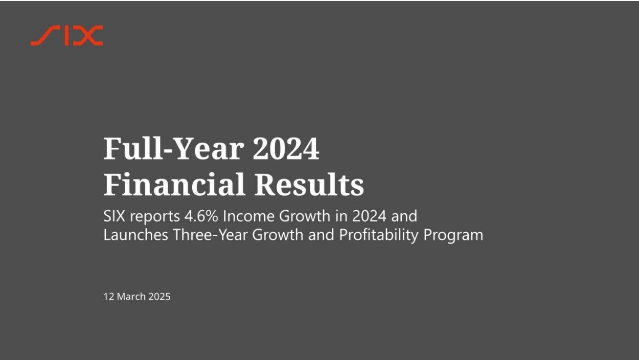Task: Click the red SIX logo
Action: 67,36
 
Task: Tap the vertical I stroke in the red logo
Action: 67,36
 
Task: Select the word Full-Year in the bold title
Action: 174,148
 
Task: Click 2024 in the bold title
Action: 286,148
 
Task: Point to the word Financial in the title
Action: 174,184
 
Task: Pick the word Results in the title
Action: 309,184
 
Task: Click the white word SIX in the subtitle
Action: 114,216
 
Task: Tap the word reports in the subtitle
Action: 155,217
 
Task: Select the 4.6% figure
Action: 201,216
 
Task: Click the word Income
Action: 248,216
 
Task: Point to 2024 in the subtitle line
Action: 369,216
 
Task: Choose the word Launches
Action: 135,235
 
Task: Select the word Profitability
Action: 379,236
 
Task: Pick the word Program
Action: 453,236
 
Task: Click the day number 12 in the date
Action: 109,297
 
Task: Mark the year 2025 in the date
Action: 159,297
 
